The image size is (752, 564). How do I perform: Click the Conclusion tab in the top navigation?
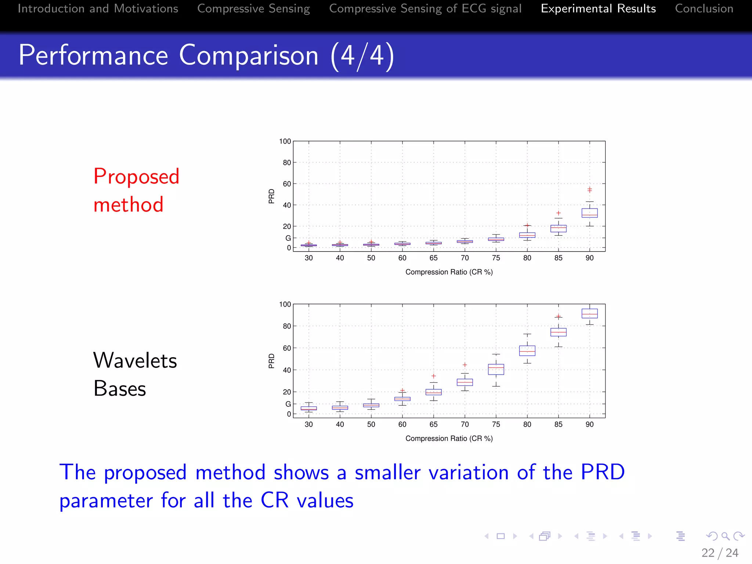[x=704, y=8]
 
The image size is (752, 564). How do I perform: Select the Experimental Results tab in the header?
[x=598, y=8]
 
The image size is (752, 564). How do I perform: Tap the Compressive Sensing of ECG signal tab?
[x=425, y=8]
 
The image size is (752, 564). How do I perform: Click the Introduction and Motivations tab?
[x=98, y=8]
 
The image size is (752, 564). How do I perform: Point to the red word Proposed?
[x=136, y=177]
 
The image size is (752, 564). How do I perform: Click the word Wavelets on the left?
[x=135, y=360]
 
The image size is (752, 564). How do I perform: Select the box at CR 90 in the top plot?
[x=589, y=213]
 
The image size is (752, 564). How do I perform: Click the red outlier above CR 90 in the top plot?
[x=589, y=190]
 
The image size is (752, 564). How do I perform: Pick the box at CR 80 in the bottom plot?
[x=527, y=351]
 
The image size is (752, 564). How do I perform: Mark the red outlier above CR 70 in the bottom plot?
[x=464, y=365]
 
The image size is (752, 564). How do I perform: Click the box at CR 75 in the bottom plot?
[x=496, y=369]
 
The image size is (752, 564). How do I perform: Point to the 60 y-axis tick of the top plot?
[x=287, y=184]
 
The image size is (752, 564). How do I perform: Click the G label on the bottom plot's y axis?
[x=288, y=404]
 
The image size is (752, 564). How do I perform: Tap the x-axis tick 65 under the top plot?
[x=433, y=258]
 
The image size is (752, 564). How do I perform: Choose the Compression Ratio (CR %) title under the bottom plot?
[x=449, y=438]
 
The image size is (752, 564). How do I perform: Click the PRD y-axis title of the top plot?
[x=271, y=196]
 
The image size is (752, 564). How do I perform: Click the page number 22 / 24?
[x=719, y=553]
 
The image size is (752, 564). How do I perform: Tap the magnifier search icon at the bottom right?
[x=725, y=536]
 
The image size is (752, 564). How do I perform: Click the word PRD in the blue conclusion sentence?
[x=603, y=472]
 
